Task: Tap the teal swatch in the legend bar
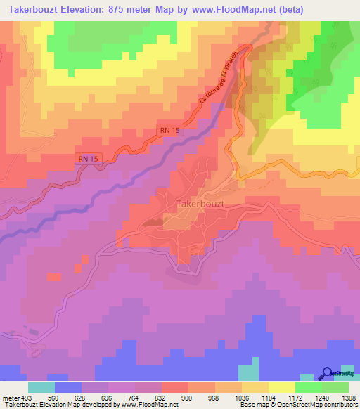point(41,387)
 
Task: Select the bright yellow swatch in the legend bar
point(281,387)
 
